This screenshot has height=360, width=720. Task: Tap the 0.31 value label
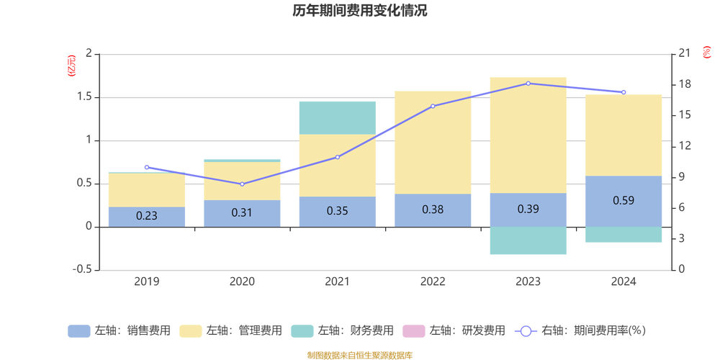[242, 212]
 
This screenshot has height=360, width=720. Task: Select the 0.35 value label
[337, 211]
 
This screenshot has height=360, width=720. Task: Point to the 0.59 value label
[624, 200]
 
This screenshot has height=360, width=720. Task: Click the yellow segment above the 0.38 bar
[433, 142]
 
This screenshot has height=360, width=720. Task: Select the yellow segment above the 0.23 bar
[146, 189]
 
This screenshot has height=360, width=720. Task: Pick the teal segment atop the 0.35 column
[337, 117]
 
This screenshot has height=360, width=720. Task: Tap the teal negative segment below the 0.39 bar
[528, 240]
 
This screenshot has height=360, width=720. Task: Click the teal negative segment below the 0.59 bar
[624, 235]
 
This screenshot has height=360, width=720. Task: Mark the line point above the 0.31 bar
[242, 184]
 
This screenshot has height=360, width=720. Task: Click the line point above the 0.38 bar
[433, 107]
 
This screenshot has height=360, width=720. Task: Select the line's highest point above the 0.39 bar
[528, 84]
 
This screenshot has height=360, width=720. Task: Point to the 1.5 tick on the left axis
[89, 96]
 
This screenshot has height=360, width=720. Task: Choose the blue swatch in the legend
[78, 331]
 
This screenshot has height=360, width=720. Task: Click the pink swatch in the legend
[413, 331]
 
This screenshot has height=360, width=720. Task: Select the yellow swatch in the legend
[189, 331]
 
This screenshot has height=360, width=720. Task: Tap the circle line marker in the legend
[526, 331]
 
